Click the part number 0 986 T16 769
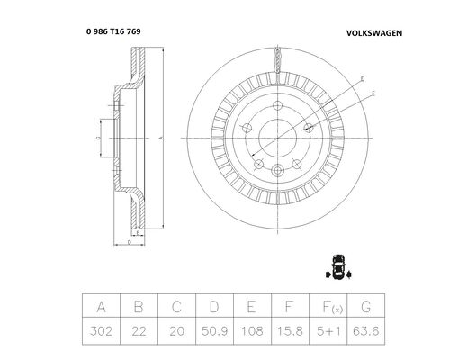(x=113, y=31)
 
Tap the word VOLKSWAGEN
(x=374, y=33)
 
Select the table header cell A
(x=101, y=306)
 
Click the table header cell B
(x=139, y=306)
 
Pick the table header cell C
(x=176, y=306)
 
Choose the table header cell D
(x=214, y=306)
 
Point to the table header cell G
(x=365, y=306)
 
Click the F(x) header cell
(x=328, y=306)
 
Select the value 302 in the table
(x=101, y=331)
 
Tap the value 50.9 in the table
(x=214, y=331)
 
